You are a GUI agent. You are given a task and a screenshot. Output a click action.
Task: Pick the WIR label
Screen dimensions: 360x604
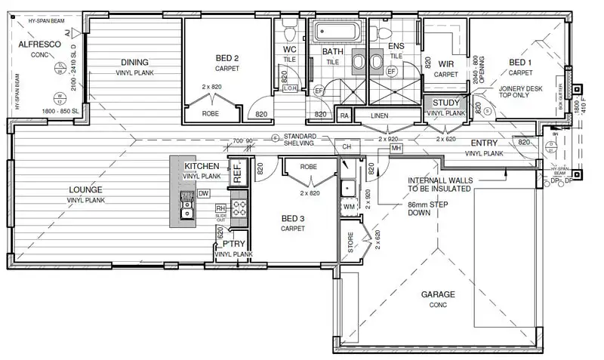[445, 65]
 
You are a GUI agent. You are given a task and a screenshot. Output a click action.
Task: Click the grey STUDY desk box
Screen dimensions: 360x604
[446, 103]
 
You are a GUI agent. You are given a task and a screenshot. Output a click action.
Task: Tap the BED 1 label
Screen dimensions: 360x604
[519, 62]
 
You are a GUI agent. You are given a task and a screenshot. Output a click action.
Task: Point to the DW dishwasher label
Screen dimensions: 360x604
[203, 193]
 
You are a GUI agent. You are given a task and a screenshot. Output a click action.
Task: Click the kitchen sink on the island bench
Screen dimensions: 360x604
[186, 202]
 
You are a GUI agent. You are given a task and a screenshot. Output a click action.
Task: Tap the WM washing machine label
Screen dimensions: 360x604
[348, 205]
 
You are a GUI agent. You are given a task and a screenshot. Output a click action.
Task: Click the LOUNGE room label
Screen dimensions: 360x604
[85, 189]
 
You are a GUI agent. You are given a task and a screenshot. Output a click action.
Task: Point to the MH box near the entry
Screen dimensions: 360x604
[396, 149]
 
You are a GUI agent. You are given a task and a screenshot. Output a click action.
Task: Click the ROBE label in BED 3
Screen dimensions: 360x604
[307, 166]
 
